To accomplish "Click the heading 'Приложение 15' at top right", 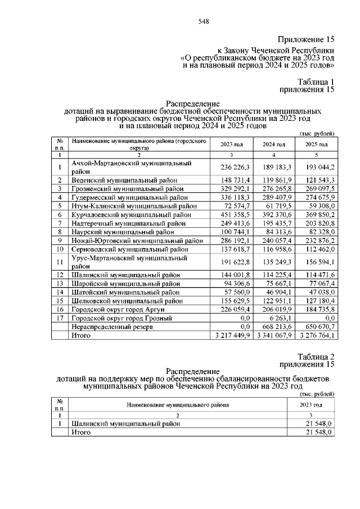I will pyautogui.click(x=307, y=39).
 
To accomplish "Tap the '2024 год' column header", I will pyautogui.click(x=274, y=145).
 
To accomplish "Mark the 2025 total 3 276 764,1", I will pyautogui.click(x=315, y=335).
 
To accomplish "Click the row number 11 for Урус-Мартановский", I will pyautogui.click(x=59, y=262).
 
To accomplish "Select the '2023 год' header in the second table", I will pyautogui.click(x=310, y=405).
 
